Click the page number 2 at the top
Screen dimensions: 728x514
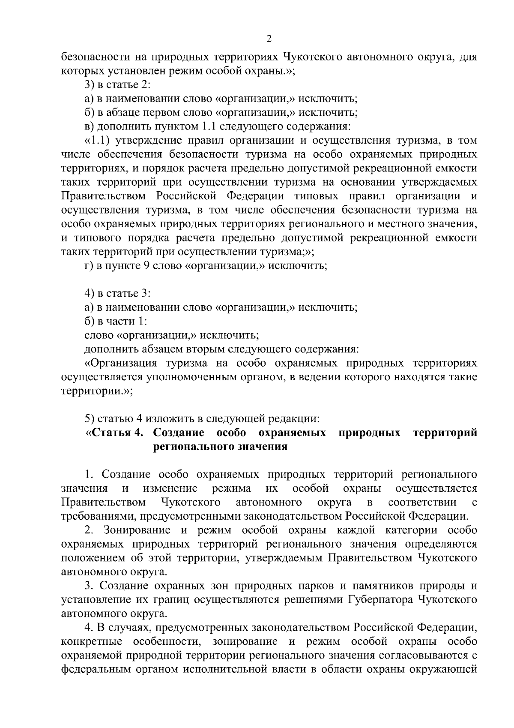[x=269, y=39]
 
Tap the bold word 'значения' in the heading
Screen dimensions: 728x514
[x=263, y=447]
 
